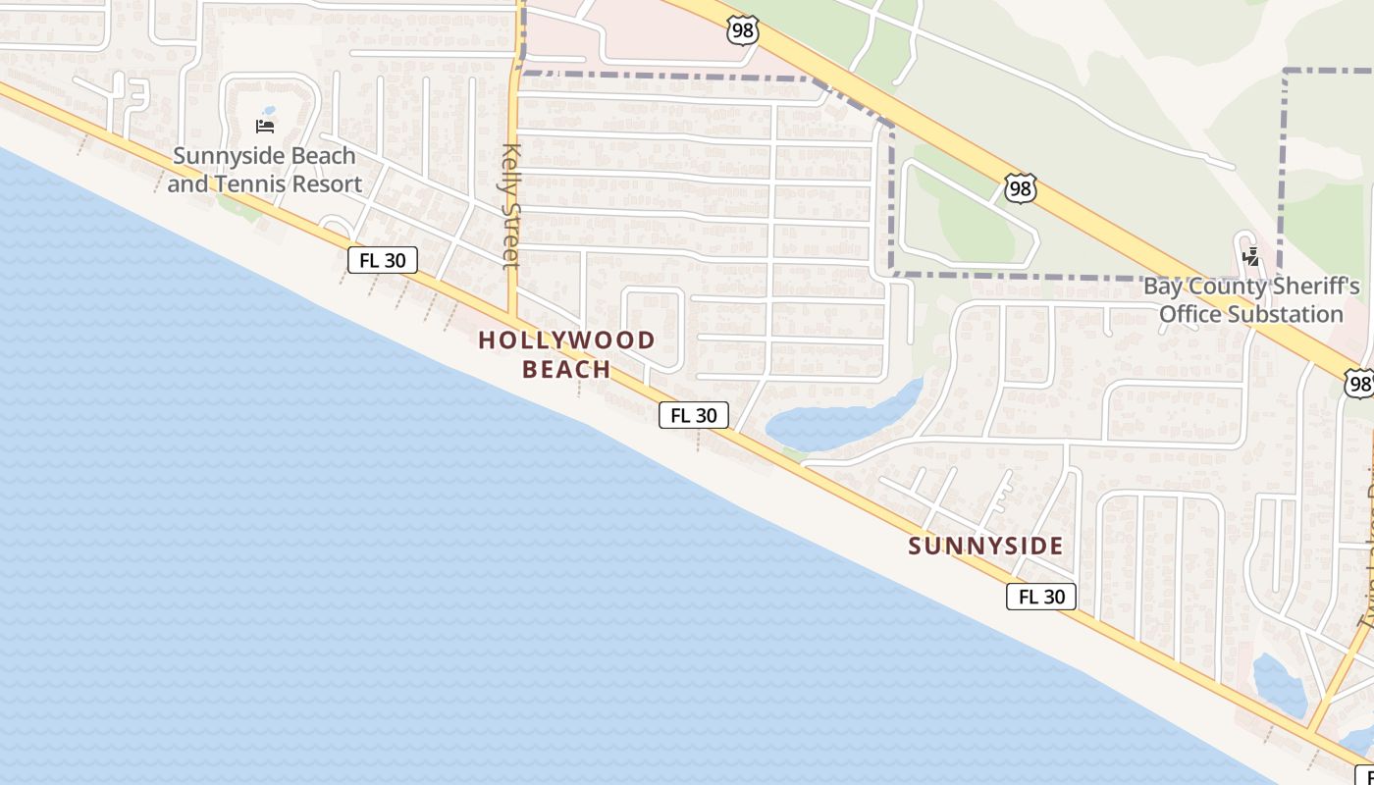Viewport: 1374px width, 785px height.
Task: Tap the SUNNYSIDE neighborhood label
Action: pyautogui.click(x=985, y=546)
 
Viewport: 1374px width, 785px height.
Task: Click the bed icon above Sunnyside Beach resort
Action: pyautogui.click(x=265, y=126)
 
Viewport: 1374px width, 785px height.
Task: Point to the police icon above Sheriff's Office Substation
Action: pyautogui.click(x=1251, y=258)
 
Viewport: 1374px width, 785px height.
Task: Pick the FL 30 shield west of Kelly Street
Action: pyautogui.click(x=383, y=260)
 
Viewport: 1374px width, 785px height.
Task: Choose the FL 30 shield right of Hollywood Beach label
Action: pyautogui.click(x=694, y=415)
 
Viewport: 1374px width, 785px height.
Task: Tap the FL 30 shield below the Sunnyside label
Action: pyautogui.click(x=1041, y=596)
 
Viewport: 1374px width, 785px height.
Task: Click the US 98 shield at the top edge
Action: pyautogui.click(x=743, y=30)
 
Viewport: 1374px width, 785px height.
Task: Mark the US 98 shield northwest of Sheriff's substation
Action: pyautogui.click(x=1021, y=188)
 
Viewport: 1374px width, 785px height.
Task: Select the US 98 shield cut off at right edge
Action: pyautogui.click(x=1359, y=383)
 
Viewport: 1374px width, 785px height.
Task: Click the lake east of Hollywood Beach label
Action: pyautogui.click(x=834, y=422)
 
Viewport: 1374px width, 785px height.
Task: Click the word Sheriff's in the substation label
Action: pyautogui.click(x=1312, y=287)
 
